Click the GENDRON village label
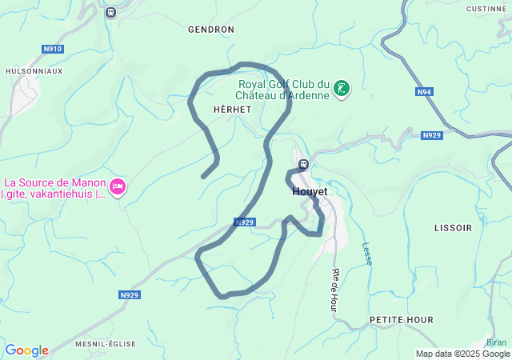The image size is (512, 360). pos(210,30)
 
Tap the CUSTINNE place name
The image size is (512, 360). pos(486,9)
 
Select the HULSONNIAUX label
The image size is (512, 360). pos(34,71)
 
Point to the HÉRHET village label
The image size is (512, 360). pos(233,109)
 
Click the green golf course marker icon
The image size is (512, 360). pos(342,88)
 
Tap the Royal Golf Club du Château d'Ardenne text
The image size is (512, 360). pos(284,90)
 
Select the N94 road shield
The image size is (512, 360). pos(425,92)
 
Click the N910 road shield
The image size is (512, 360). pos(53,49)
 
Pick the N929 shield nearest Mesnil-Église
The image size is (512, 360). pos(130,295)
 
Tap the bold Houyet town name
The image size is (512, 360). pos(310,192)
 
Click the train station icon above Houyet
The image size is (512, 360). pos(303,165)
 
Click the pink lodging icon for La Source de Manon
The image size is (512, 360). pos(118,186)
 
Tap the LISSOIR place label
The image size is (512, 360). pos(453,228)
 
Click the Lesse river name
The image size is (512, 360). pos(367,254)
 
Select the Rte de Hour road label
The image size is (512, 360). pos(335,289)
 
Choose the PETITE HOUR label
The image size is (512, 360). pos(402,320)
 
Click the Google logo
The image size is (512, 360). pos(26,350)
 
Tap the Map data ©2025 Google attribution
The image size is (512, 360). pos(462,354)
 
